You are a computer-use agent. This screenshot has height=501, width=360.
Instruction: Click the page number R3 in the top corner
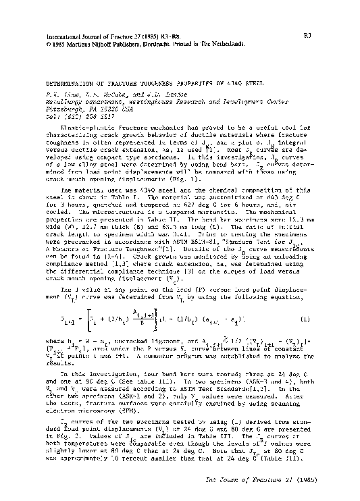tap(344, 30)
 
